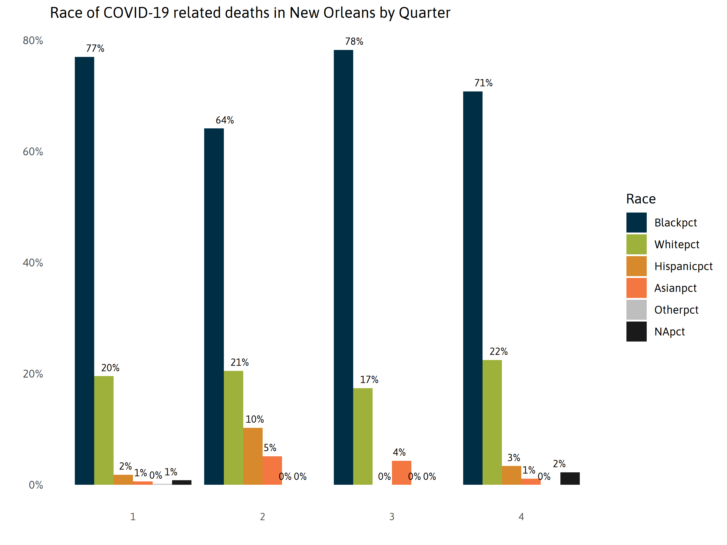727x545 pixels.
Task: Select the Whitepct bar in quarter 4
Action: coord(492,422)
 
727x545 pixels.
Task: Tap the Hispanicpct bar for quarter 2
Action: coord(253,456)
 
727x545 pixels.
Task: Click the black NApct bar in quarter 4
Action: coord(569,478)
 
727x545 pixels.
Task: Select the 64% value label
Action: coord(224,120)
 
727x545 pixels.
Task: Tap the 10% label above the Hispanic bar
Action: coord(254,419)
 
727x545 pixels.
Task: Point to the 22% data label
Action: coord(498,352)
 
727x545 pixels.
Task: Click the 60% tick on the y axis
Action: coord(33,152)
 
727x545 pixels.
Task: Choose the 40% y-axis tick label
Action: coord(33,263)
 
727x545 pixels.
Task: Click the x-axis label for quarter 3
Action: coord(391,517)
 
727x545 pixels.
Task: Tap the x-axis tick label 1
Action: coord(133,517)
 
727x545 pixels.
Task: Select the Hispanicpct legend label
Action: coord(683,266)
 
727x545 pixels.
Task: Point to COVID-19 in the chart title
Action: coord(136,13)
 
